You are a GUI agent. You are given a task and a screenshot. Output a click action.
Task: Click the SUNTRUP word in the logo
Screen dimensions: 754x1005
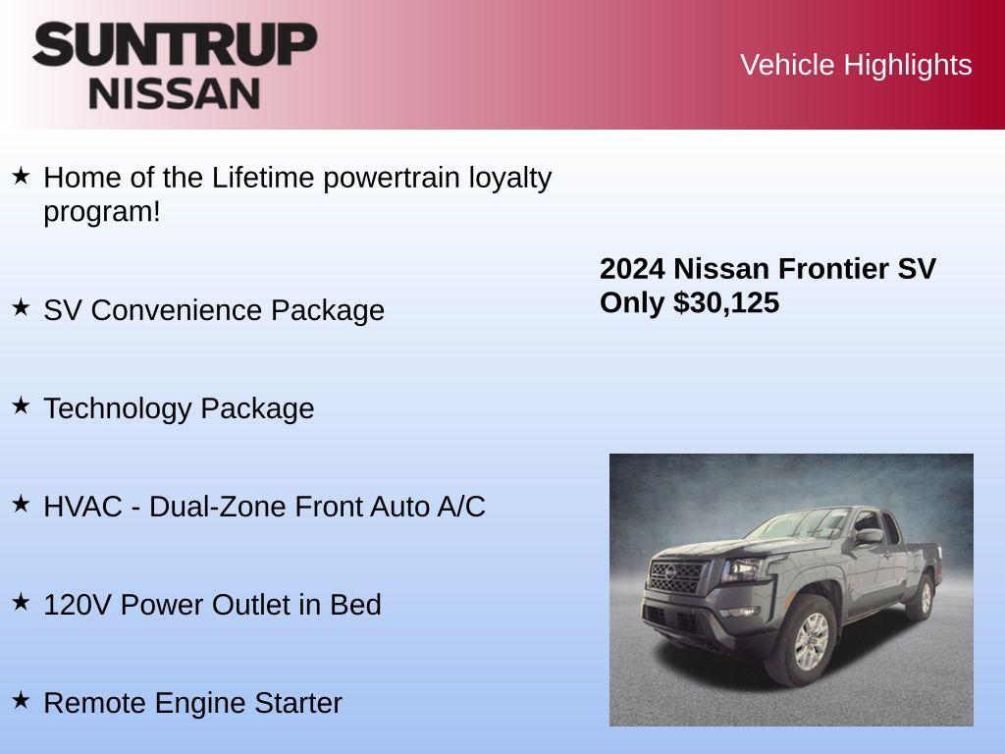[x=175, y=45]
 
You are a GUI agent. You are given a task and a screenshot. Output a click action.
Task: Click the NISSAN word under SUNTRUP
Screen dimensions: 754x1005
[x=175, y=93]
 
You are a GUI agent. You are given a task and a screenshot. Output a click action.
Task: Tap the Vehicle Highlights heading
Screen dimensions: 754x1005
[x=856, y=65]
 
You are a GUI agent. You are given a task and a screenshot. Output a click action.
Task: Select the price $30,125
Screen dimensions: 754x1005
[x=726, y=302]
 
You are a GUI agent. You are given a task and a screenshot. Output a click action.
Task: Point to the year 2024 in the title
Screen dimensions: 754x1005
[x=633, y=269]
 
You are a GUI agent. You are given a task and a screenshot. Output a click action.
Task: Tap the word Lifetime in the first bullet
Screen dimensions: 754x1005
[x=263, y=178]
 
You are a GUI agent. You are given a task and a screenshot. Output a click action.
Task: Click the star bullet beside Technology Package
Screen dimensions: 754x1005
[x=22, y=405]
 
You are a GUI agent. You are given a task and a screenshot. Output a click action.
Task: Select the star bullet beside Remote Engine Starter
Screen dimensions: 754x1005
[x=22, y=700]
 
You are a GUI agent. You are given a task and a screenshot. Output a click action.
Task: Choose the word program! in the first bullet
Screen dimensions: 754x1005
[x=101, y=211]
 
